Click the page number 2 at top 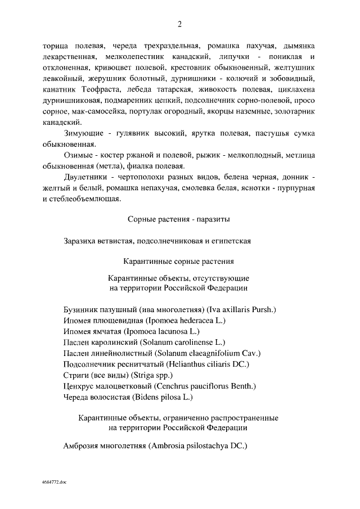(x=179, y=24)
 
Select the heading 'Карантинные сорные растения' (x=179, y=262)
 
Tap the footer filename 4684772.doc (x=53, y=483)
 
